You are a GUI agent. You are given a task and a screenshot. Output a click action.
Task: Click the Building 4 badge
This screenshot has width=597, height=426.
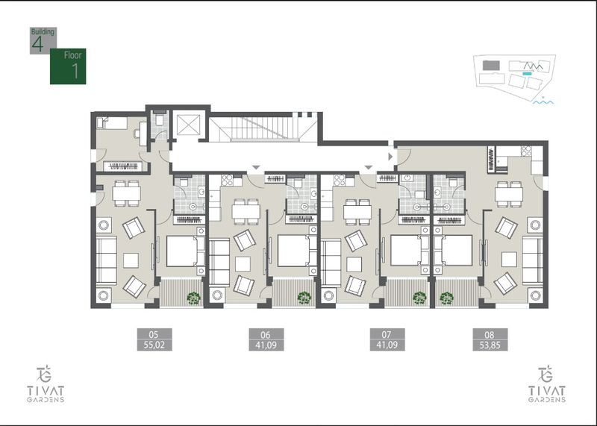(x=43, y=40)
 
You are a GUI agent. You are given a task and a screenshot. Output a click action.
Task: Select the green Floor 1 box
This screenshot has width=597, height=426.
(x=68, y=66)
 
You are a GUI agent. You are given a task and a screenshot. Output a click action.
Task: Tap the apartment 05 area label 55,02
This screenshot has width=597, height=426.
(x=154, y=345)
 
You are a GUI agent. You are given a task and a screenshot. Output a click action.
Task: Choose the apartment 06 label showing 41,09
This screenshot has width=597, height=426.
(x=266, y=345)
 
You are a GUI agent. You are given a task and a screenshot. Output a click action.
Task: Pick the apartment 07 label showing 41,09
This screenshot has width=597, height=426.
(x=387, y=345)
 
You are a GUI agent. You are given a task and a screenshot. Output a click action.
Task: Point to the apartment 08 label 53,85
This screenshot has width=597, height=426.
(x=490, y=345)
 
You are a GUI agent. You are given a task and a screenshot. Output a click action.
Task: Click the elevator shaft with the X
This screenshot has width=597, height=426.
(x=189, y=124)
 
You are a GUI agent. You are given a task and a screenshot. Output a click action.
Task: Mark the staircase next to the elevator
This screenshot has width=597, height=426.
(x=263, y=128)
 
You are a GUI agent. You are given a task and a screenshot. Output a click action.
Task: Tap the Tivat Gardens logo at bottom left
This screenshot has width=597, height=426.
(x=46, y=383)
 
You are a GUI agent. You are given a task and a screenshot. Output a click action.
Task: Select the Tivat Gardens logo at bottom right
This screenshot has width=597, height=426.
(x=547, y=383)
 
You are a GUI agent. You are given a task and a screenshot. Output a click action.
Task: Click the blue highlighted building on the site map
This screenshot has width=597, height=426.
(x=527, y=73)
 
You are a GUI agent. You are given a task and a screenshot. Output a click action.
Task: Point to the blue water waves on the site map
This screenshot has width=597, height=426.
(x=543, y=102)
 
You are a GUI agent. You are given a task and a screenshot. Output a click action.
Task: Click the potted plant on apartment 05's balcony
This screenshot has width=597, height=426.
(x=194, y=298)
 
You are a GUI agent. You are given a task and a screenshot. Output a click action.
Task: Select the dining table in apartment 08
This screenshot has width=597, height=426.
(x=509, y=194)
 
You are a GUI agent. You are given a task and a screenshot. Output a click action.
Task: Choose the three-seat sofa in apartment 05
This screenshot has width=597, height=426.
(x=106, y=260)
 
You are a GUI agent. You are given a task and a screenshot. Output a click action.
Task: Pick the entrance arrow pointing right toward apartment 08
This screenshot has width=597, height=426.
(x=390, y=157)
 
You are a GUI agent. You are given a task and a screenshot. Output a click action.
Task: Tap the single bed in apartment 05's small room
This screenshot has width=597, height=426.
(x=112, y=123)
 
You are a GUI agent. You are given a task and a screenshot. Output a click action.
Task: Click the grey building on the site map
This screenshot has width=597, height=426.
(x=491, y=66)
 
